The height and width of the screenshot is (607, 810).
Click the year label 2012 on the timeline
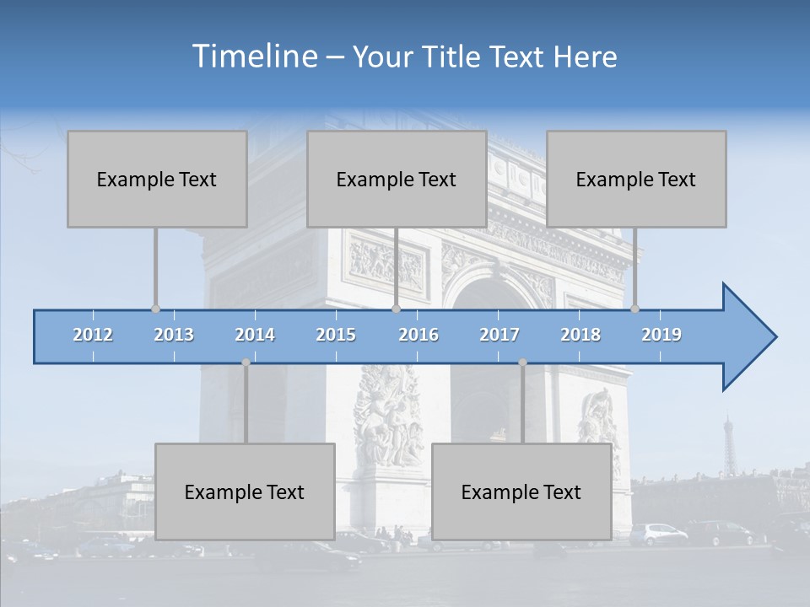coord(93,335)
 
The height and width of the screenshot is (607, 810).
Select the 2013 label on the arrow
coord(174,335)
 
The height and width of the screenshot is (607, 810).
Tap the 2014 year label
coord(255,335)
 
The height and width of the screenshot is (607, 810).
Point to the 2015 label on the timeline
coord(336,335)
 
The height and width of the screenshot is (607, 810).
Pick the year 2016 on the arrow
coord(418,335)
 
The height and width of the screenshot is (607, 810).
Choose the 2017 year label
coord(499,335)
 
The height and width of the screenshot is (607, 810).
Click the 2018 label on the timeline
coord(580,335)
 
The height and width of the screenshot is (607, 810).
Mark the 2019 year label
coord(661,335)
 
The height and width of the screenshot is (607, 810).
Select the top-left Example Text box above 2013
coord(157,179)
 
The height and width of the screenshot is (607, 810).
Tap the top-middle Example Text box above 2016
coord(397,179)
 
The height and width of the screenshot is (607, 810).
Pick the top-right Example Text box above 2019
coord(636,179)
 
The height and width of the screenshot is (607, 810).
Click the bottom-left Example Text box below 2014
coord(245,492)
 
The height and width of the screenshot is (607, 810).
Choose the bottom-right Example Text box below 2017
coord(521,492)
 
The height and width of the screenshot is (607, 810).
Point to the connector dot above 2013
coord(155,309)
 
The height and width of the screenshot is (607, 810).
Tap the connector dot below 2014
coord(246,363)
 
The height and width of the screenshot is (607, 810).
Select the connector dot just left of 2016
coord(396,309)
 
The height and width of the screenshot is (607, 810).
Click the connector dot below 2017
coord(522,363)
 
